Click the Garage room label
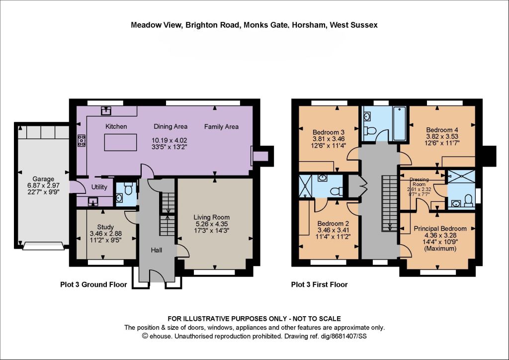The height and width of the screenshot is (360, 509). [43, 179]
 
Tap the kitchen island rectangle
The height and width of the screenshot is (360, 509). [120, 142]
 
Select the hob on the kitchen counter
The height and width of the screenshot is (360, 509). [82, 141]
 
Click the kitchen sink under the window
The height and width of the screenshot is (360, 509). [106, 110]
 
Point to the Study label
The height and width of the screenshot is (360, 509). [105, 227]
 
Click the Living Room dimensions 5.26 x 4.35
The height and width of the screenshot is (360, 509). [212, 224]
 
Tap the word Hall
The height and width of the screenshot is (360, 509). [157, 250]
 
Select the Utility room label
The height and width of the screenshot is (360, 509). [99, 187]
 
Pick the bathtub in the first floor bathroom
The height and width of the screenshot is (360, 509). [399, 123]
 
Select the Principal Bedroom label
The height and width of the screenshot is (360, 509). [440, 229]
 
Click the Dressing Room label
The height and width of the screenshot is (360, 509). [419, 182]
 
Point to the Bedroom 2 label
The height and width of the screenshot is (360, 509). [333, 224]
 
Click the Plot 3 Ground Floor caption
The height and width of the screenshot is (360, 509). [93, 285]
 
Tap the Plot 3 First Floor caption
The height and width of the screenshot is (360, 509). [320, 285]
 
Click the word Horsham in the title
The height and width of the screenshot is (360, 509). [309, 25]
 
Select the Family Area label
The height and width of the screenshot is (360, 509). [221, 127]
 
